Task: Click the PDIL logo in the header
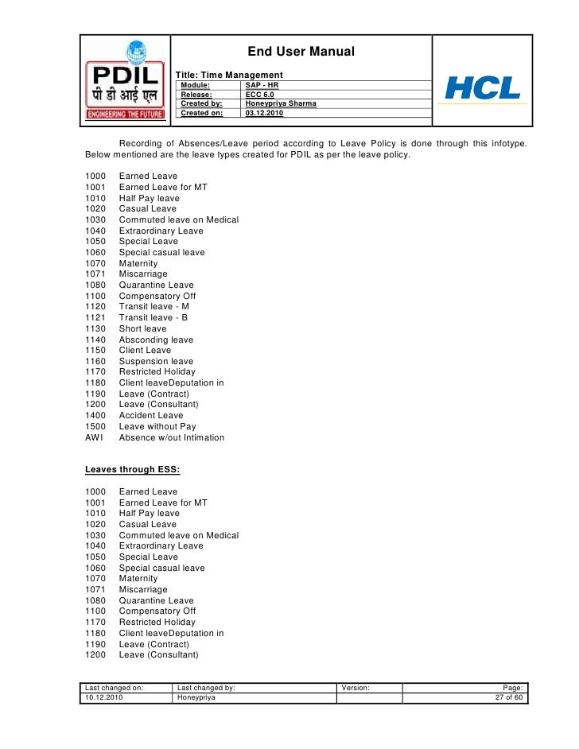125,80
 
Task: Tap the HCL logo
483,87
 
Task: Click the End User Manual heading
301,52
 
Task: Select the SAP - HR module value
262,84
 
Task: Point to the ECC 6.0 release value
260,94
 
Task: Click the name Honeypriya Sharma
281,103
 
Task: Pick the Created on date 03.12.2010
264,113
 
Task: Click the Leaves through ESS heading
126,469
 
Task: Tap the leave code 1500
95,426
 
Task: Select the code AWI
94,437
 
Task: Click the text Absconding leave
156,340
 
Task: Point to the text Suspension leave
156,361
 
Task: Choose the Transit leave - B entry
153,317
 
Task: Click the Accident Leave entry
151,415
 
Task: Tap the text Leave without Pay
157,426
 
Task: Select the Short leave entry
142,328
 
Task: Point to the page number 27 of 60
508,697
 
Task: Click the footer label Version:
356,687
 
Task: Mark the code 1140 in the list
95,340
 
